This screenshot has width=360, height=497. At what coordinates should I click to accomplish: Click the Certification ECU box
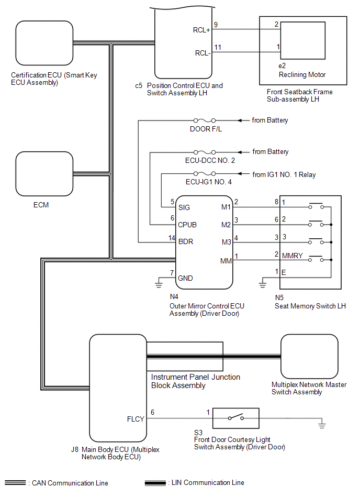point(44,43)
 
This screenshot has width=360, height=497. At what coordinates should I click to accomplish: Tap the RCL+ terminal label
point(201,30)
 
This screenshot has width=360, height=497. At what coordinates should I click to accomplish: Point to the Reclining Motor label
point(303,74)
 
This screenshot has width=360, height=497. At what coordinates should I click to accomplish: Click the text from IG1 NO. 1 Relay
point(284,174)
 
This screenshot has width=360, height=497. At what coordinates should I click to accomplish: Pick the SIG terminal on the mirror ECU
point(184,207)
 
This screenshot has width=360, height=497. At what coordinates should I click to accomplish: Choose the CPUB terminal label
point(188,225)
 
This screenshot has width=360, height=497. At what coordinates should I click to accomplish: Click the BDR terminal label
point(186,242)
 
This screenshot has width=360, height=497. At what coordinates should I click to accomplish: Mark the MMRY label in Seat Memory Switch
point(292,257)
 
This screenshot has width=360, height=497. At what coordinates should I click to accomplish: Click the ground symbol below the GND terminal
point(157,284)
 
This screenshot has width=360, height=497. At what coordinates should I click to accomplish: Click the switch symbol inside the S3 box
point(235,418)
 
